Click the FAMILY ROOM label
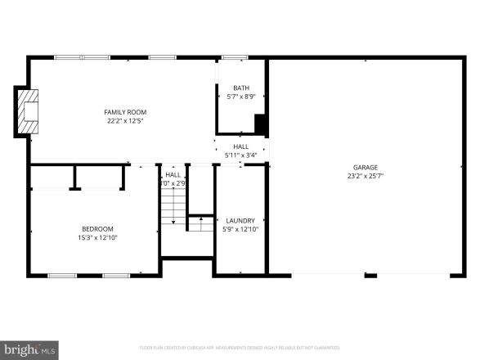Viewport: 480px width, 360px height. pyautogui.click(x=125, y=112)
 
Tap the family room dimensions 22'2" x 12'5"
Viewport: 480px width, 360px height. pyautogui.click(x=125, y=121)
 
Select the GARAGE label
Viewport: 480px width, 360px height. pyautogui.click(x=365, y=166)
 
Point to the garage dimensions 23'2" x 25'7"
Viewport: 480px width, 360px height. pyautogui.click(x=365, y=175)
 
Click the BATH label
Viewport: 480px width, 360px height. pyautogui.click(x=241, y=88)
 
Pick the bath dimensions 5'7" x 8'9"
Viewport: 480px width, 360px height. pyautogui.click(x=241, y=97)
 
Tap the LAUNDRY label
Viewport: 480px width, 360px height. pyautogui.click(x=240, y=220)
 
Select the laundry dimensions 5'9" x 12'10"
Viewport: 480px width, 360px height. pyautogui.click(x=240, y=229)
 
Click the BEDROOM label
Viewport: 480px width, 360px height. pyautogui.click(x=97, y=228)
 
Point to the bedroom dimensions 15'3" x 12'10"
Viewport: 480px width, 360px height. pyautogui.click(x=97, y=237)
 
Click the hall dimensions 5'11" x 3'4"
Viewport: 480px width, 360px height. pyautogui.click(x=241, y=155)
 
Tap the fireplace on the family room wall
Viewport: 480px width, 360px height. pyautogui.click(x=29, y=110)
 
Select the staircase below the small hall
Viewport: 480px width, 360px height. pyautogui.click(x=173, y=209)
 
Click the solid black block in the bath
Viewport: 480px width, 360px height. pyautogui.click(x=260, y=124)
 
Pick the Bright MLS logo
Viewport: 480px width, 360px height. pyautogui.click(x=30, y=349)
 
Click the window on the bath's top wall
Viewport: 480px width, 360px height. pyautogui.click(x=235, y=57)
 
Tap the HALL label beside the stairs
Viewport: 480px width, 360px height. pyautogui.click(x=173, y=174)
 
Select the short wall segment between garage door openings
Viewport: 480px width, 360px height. pyautogui.click(x=370, y=276)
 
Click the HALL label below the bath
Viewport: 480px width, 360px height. pyautogui.click(x=241, y=146)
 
